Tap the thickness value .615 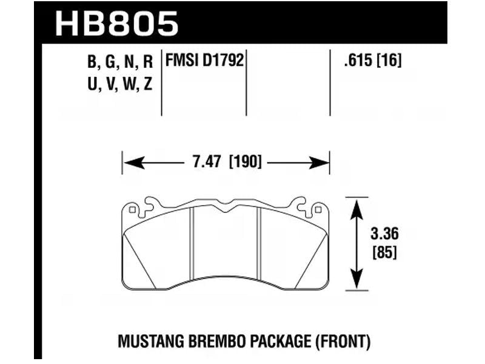[352, 61]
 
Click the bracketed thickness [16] [389, 61]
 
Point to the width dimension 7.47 [204, 163]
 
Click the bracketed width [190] [245, 163]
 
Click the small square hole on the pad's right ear [318, 211]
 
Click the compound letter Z [147, 85]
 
